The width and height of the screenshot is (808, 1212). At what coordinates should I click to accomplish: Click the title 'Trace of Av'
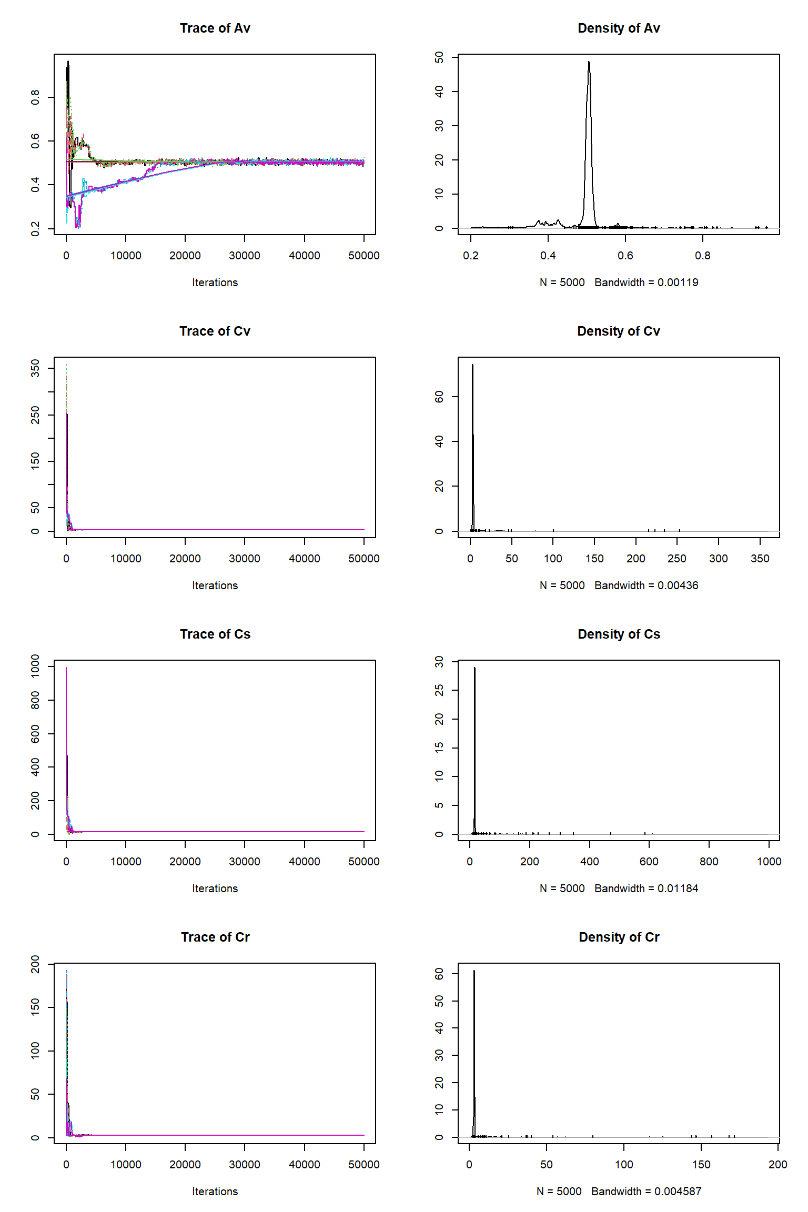(215, 28)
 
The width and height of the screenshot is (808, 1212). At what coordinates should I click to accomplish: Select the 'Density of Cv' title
(618, 331)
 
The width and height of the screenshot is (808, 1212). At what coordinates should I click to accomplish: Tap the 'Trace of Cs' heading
(215, 634)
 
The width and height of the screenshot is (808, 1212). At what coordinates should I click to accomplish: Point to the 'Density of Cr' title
(619, 937)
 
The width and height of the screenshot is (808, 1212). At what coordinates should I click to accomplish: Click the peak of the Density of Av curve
(589, 63)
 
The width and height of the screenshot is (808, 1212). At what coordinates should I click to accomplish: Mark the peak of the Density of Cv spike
(472, 365)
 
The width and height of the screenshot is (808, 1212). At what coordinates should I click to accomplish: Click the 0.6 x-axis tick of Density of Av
(625, 256)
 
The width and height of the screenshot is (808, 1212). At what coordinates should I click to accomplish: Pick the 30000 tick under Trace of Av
(245, 256)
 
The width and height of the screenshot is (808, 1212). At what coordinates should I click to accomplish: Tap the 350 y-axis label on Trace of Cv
(35, 368)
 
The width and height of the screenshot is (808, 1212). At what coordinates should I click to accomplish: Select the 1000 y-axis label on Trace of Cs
(35, 666)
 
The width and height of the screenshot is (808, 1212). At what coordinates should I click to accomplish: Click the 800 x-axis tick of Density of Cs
(709, 862)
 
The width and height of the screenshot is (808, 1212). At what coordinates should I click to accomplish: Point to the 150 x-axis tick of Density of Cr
(701, 1165)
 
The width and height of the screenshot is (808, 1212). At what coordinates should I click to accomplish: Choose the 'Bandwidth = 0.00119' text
(646, 282)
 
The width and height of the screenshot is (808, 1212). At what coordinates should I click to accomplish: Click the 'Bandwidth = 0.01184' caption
(646, 888)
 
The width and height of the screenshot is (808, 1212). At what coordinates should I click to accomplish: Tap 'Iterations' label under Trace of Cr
(215, 1191)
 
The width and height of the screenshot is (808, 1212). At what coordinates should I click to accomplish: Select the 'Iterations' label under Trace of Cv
(215, 585)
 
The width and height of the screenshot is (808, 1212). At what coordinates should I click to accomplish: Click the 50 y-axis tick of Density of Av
(439, 57)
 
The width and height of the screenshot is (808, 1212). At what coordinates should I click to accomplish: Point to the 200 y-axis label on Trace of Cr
(35, 964)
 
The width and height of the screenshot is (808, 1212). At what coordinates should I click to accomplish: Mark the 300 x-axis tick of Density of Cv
(718, 559)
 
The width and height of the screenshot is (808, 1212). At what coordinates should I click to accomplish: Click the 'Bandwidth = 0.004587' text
(646, 1191)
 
